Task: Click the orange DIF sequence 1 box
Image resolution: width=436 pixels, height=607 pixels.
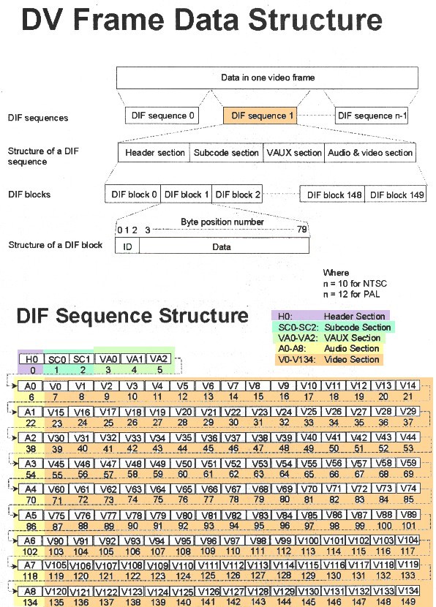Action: tap(260, 116)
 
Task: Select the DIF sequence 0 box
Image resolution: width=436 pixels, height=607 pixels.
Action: tap(162, 116)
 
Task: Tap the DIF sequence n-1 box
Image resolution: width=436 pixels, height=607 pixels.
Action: tap(372, 116)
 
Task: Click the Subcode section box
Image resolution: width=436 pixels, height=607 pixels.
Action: tap(226, 153)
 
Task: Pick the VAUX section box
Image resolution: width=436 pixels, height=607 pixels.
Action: tap(294, 153)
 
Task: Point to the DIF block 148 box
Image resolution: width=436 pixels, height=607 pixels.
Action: tap(333, 195)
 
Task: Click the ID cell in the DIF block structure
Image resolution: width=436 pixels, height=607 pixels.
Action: tap(127, 246)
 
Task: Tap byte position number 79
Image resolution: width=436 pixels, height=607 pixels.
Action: tap(301, 230)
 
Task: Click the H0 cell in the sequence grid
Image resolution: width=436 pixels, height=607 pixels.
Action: tap(31, 359)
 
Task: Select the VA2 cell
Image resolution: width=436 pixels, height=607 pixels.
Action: tap(158, 359)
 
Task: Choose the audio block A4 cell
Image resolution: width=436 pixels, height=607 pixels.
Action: tap(30, 489)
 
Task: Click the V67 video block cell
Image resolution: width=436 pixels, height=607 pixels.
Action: tap(233, 489)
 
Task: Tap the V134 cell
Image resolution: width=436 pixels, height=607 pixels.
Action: tap(407, 591)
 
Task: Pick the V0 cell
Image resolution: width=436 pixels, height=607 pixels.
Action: tap(56, 386)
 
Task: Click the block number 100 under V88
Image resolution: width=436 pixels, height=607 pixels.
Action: tap(384, 526)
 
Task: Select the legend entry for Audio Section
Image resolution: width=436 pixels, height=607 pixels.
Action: tap(328, 348)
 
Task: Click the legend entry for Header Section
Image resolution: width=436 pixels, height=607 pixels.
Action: tap(331, 316)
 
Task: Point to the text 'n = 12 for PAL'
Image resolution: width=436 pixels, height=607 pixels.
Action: tap(351, 294)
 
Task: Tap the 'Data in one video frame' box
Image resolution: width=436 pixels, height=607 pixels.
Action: tap(267, 78)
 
